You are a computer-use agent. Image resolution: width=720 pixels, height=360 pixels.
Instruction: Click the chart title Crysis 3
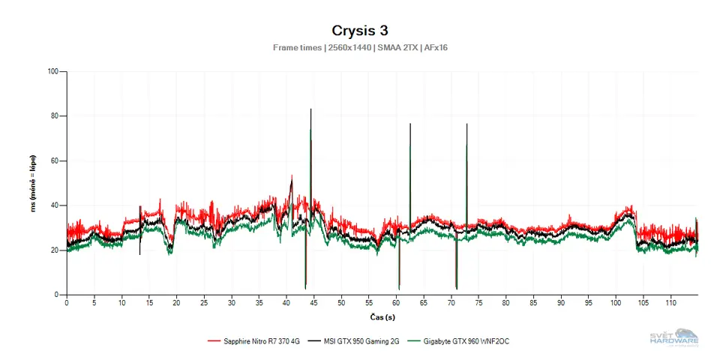pyautogui.click(x=359, y=30)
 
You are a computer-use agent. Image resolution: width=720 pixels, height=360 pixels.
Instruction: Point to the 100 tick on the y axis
pyautogui.click(x=52, y=72)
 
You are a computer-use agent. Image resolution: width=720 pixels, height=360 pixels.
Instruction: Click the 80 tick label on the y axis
pyautogui.click(x=54, y=116)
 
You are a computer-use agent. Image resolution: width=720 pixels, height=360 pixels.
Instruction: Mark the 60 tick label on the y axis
pyautogui.click(x=54, y=161)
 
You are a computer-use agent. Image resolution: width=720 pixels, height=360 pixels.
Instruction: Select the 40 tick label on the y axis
pyautogui.click(x=54, y=205)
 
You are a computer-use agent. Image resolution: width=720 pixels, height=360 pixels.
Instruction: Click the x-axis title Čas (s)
pyautogui.click(x=382, y=317)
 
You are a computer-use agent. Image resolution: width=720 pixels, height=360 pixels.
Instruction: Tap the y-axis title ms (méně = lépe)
pyautogui.click(x=34, y=183)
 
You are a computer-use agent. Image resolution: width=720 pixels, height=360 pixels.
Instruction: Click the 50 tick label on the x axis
pyautogui.click(x=341, y=303)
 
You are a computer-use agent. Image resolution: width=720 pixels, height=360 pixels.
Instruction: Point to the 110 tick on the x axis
pyautogui.click(x=670, y=303)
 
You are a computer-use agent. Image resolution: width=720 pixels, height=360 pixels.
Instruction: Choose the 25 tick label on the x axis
pyautogui.click(x=204, y=303)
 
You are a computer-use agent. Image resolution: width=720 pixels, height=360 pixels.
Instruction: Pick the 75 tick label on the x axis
pyautogui.click(x=478, y=303)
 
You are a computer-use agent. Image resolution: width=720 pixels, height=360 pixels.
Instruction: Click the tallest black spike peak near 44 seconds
pyautogui.click(x=310, y=109)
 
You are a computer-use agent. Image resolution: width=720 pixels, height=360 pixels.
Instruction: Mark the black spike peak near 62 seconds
pyautogui.click(x=409, y=124)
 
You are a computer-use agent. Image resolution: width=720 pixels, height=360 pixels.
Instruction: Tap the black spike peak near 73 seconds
pyautogui.click(x=466, y=124)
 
